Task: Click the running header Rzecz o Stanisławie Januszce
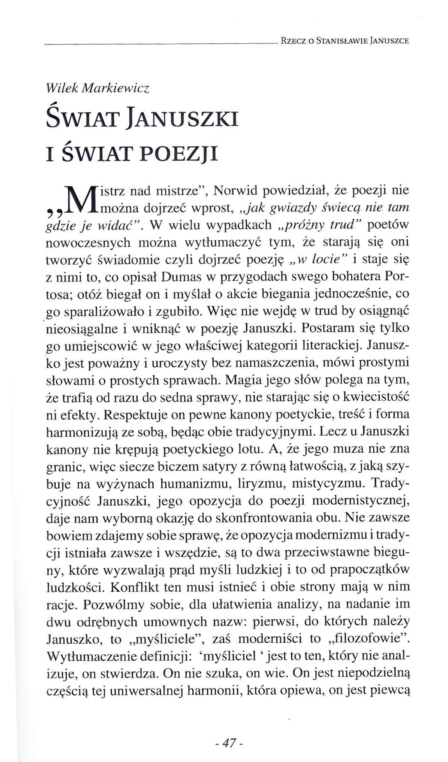coord(344,41)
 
